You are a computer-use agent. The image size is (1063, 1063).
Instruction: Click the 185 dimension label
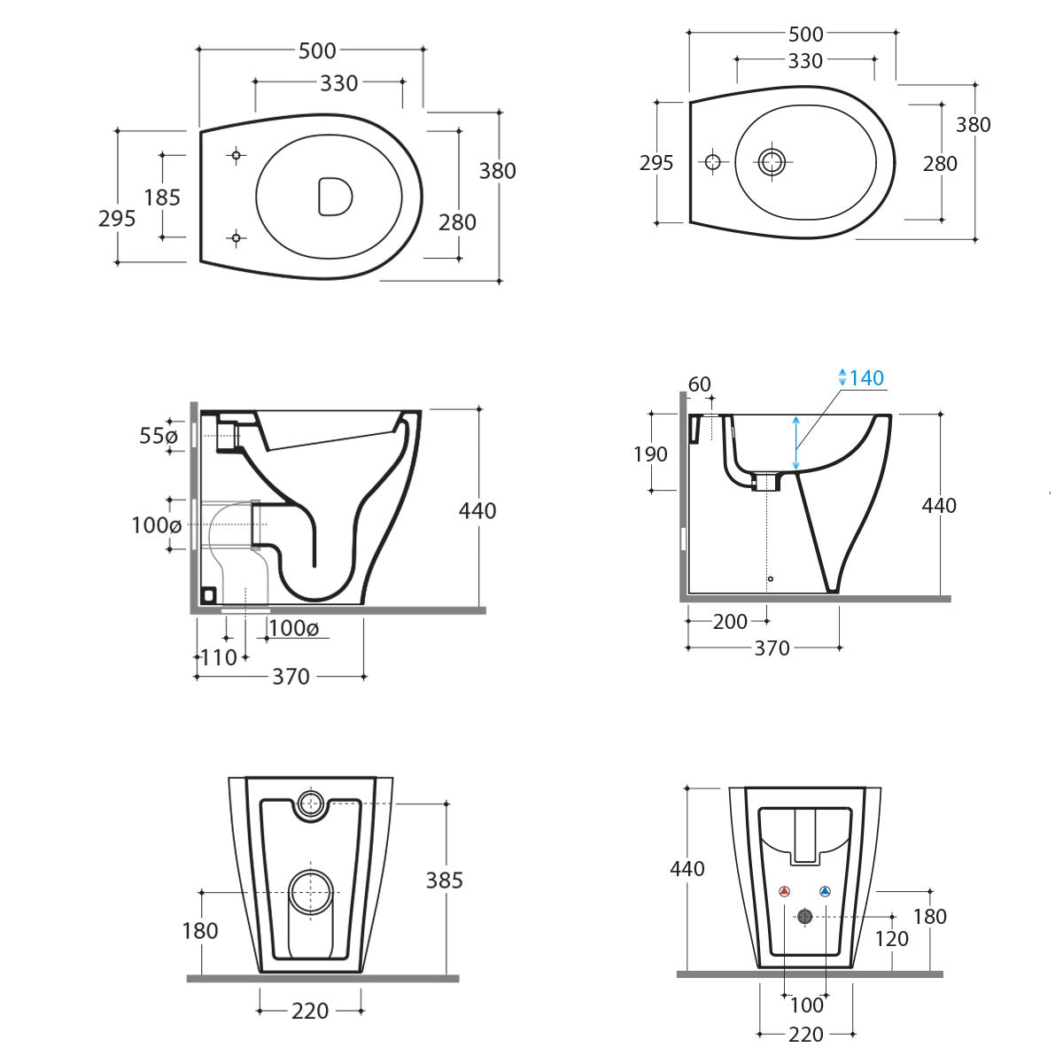162,197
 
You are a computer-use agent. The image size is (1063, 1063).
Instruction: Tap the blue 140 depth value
866,378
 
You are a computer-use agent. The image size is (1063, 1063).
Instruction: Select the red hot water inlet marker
784,892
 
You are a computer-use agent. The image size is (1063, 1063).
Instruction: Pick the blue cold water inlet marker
825,892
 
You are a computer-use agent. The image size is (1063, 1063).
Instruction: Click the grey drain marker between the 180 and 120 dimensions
804,917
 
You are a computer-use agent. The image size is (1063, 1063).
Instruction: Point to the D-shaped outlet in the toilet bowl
334,196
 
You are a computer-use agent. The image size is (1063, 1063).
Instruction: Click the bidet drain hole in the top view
772,161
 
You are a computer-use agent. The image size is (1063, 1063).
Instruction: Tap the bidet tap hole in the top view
712,161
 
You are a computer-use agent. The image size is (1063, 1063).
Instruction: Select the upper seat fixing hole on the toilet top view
236,156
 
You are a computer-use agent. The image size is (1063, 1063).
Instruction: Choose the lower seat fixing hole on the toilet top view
236,237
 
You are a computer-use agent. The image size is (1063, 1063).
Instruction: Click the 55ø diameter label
159,436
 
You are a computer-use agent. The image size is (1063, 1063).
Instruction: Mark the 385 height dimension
444,880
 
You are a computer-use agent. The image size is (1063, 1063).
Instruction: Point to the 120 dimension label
891,939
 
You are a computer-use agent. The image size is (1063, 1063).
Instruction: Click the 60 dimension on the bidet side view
699,384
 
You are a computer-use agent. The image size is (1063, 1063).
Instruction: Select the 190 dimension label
650,454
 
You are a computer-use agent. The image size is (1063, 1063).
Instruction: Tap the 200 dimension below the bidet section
730,622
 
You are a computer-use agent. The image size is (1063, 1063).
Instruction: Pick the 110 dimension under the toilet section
219,657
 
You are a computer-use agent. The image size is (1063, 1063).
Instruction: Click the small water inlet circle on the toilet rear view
310,803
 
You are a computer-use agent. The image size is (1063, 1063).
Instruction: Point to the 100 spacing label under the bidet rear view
806,1005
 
